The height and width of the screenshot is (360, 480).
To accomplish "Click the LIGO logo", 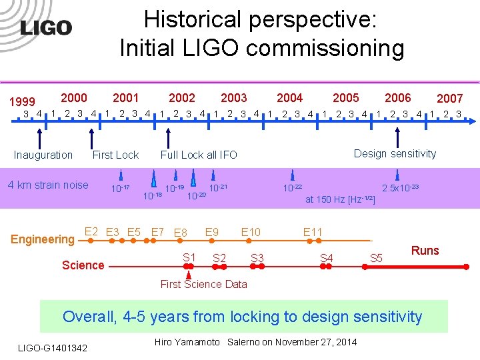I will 45,27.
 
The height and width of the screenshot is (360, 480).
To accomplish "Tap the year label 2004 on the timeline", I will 289,98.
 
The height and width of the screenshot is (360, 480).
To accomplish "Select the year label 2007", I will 449,99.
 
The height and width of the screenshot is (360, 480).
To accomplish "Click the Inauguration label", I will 43,155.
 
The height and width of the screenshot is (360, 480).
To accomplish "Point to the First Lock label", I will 115,155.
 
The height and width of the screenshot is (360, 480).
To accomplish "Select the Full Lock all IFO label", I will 199,155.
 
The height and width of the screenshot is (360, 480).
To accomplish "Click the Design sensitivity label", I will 395,153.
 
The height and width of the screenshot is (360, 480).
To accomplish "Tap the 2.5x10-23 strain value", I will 400,188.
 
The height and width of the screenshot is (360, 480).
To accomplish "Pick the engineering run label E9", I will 212,232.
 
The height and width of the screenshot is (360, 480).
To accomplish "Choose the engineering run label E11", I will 313,232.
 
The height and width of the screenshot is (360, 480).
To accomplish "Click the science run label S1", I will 189,257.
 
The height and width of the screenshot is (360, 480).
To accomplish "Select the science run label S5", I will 376,257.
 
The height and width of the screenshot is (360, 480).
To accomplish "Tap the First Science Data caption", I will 203,284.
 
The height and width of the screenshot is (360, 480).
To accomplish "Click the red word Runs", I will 425,251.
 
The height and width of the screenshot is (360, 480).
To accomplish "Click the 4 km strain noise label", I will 48,185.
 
